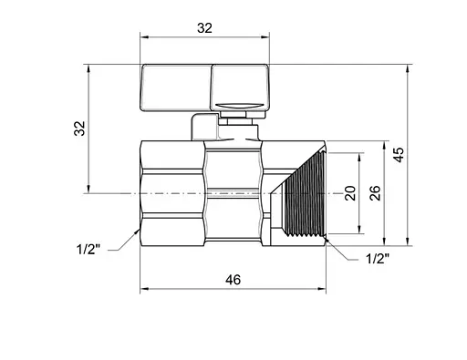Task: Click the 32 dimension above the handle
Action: click(x=204, y=28)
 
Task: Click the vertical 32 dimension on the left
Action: click(x=80, y=129)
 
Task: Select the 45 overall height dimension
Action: click(x=400, y=155)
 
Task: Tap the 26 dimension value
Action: click(x=375, y=192)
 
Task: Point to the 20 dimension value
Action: click(x=350, y=193)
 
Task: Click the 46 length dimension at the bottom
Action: click(x=233, y=280)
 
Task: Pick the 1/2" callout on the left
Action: click(x=88, y=250)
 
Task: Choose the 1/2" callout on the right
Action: click(x=378, y=259)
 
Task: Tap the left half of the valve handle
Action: click(x=176, y=87)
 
